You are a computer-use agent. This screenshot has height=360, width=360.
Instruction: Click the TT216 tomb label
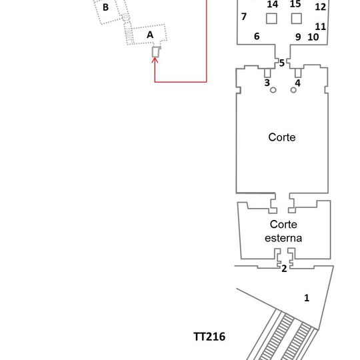[x=209, y=337]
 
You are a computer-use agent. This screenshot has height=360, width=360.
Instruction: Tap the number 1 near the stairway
[x=307, y=298]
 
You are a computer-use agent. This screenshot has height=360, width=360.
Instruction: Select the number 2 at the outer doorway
[x=284, y=269]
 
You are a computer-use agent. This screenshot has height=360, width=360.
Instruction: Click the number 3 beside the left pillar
[x=267, y=83]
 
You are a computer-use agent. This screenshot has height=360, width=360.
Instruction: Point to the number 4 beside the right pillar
[x=297, y=83]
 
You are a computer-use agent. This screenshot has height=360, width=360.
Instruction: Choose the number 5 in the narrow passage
[x=282, y=63]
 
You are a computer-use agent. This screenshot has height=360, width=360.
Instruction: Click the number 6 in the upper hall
[x=257, y=36]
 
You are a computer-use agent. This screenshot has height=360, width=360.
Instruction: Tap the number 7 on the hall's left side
[x=244, y=17]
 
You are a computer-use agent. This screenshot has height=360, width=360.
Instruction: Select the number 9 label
[x=298, y=37]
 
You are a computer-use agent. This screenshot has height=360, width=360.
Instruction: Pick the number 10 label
[x=313, y=37]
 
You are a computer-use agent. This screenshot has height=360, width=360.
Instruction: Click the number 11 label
[x=320, y=27]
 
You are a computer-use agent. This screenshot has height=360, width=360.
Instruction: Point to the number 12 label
[x=320, y=7]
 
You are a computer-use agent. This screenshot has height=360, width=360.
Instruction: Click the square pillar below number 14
[x=271, y=19]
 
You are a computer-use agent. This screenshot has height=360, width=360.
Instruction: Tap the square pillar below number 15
[x=297, y=19]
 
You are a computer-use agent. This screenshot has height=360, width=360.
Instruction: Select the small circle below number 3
[x=273, y=90]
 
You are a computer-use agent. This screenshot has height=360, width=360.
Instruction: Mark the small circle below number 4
[x=293, y=90]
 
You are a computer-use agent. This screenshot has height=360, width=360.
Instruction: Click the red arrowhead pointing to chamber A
[x=155, y=60]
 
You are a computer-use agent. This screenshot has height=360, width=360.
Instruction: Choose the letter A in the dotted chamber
[x=150, y=35]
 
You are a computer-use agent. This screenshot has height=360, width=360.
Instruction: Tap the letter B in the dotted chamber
[x=105, y=7]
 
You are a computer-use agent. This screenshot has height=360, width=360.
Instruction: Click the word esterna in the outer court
[x=283, y=238]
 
